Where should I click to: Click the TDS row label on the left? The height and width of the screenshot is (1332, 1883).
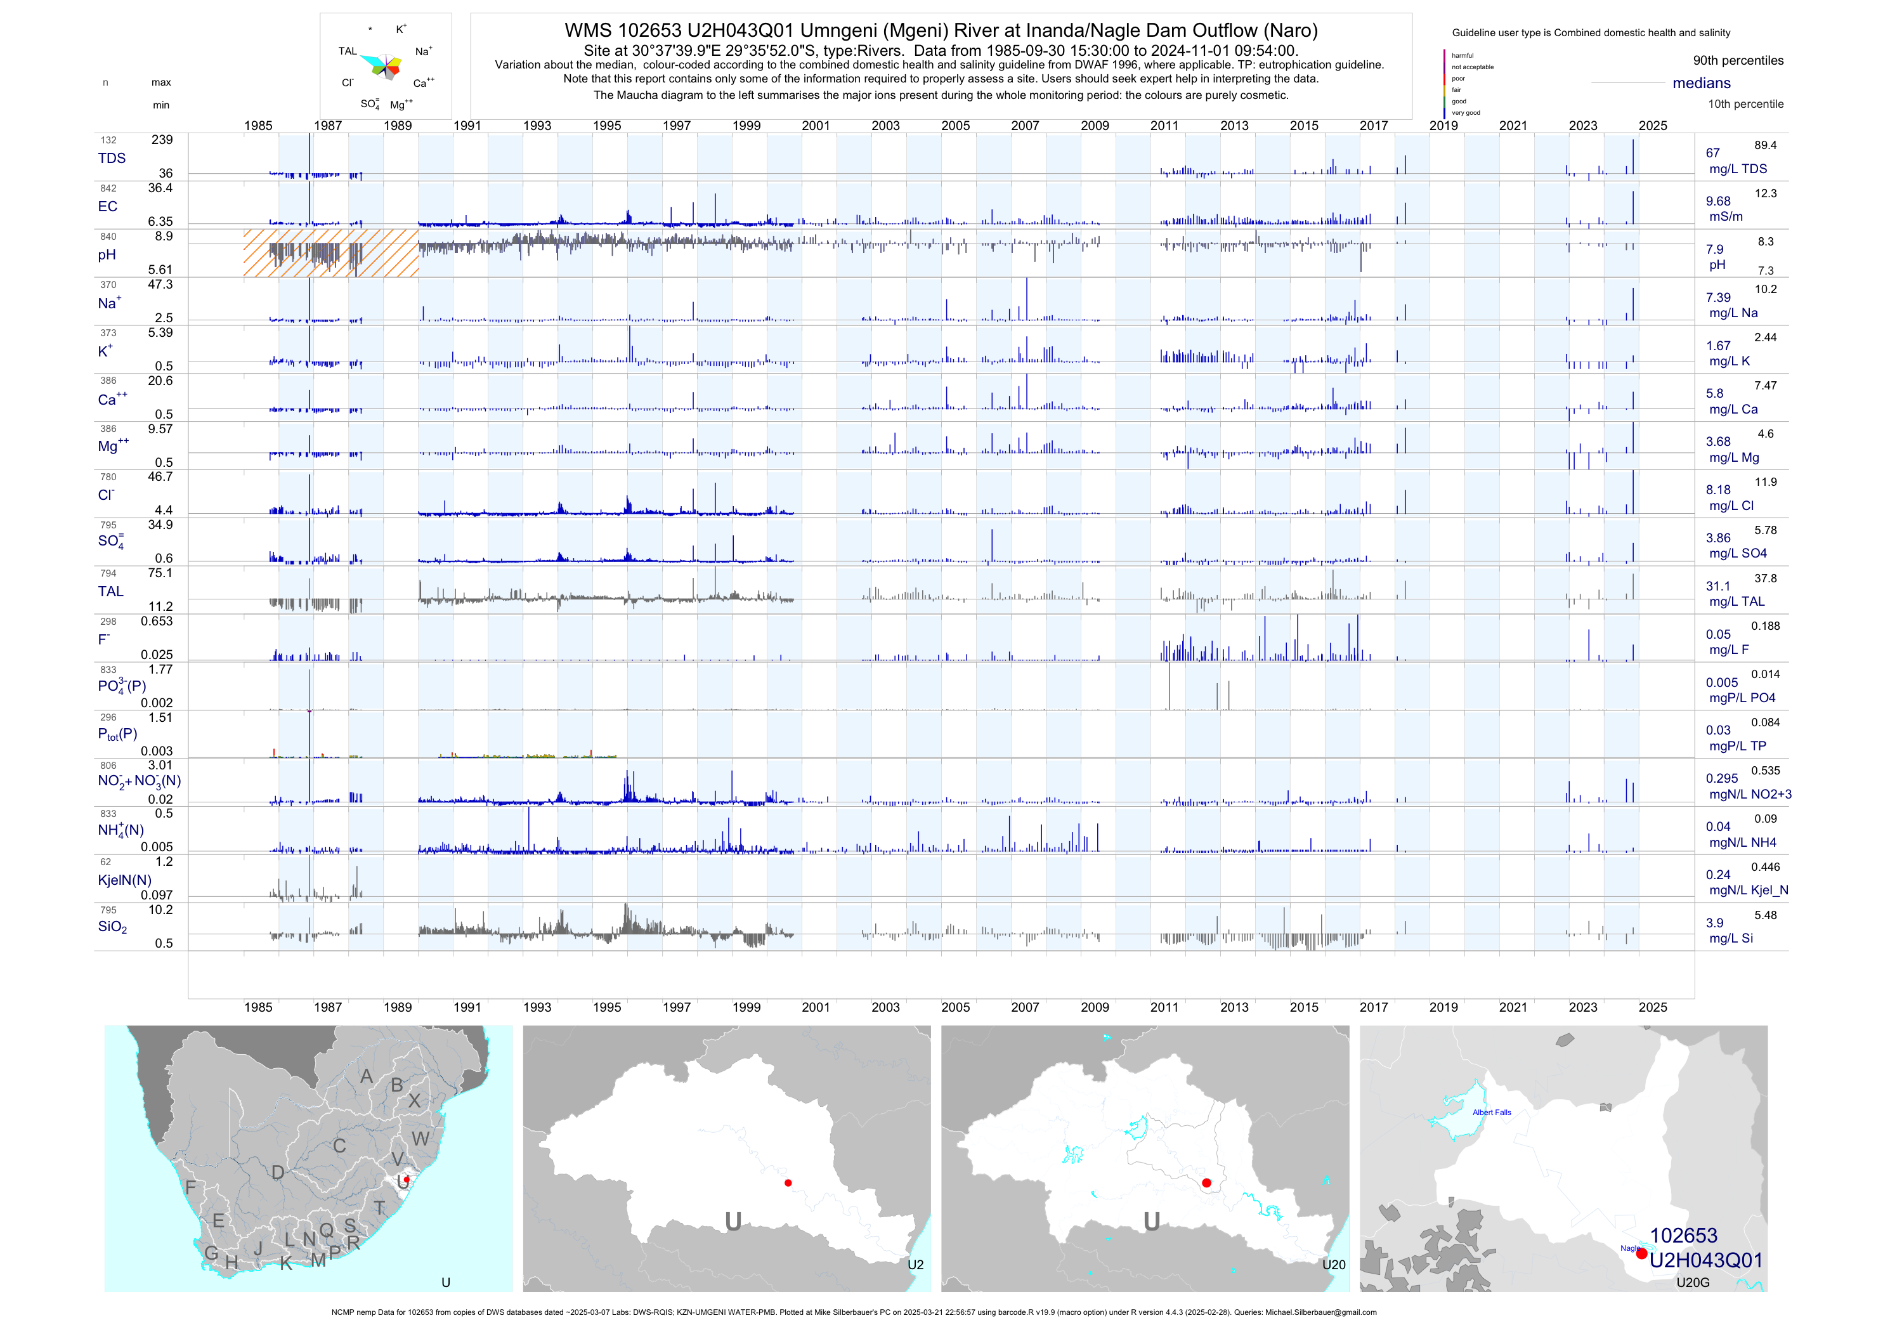[x=112, y=159]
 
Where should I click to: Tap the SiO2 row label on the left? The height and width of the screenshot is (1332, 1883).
[x=112, y=927]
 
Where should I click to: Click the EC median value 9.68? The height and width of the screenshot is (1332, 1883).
[x=1718, y=201]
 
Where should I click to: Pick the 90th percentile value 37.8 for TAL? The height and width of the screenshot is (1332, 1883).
[x=1765, y=578]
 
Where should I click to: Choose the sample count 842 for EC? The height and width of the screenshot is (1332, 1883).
[x=108, y=188]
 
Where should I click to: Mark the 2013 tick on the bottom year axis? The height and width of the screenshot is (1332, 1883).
[x=1234, y=1007]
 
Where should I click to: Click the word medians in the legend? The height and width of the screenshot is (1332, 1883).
[x=1701, y=83]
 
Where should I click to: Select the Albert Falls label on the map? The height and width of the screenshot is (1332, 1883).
[x=1491, y=1113]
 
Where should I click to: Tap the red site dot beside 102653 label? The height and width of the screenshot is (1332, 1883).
[x=1641, y=1253]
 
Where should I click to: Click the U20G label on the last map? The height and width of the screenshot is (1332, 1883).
[x=1692, y=1283]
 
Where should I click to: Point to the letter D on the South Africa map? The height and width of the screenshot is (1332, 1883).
[x=278, y=1173]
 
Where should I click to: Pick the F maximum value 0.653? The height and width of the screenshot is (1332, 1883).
[x=157, y=621]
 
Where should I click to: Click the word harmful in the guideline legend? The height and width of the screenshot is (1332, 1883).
[x=1463, y=56]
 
